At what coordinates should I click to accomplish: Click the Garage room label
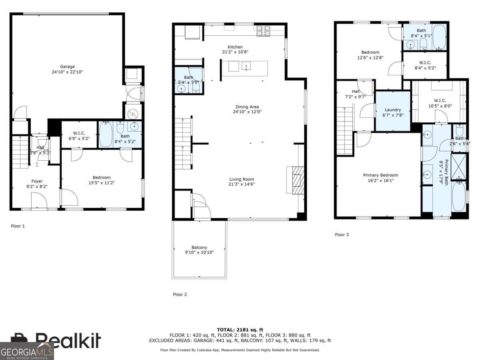68,67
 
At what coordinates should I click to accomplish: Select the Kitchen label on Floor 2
235,47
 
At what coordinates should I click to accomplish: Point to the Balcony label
199,248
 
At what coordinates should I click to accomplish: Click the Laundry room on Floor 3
393,110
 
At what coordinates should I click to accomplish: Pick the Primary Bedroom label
380,175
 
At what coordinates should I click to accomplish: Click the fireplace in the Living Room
296,180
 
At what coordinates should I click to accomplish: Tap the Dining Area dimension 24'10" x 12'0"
247,112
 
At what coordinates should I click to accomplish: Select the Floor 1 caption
18,226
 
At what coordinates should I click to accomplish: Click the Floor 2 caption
180,295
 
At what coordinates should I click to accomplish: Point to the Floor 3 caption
342,235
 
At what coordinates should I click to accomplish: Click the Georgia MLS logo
26,352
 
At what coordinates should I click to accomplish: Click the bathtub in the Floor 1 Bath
106,134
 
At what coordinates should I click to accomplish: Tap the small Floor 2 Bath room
188,80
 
